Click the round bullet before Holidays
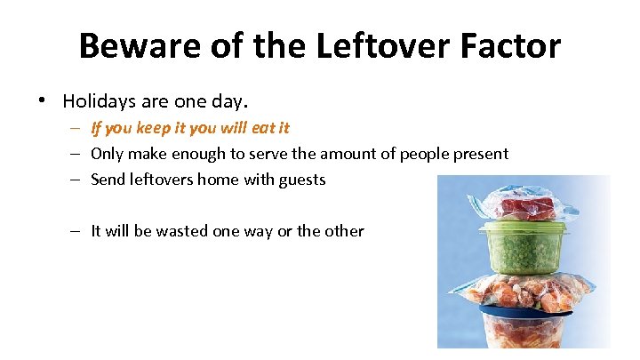44,100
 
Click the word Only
108,154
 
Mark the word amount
349,154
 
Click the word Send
109,180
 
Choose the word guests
302,180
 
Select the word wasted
182,231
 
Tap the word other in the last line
344,231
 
